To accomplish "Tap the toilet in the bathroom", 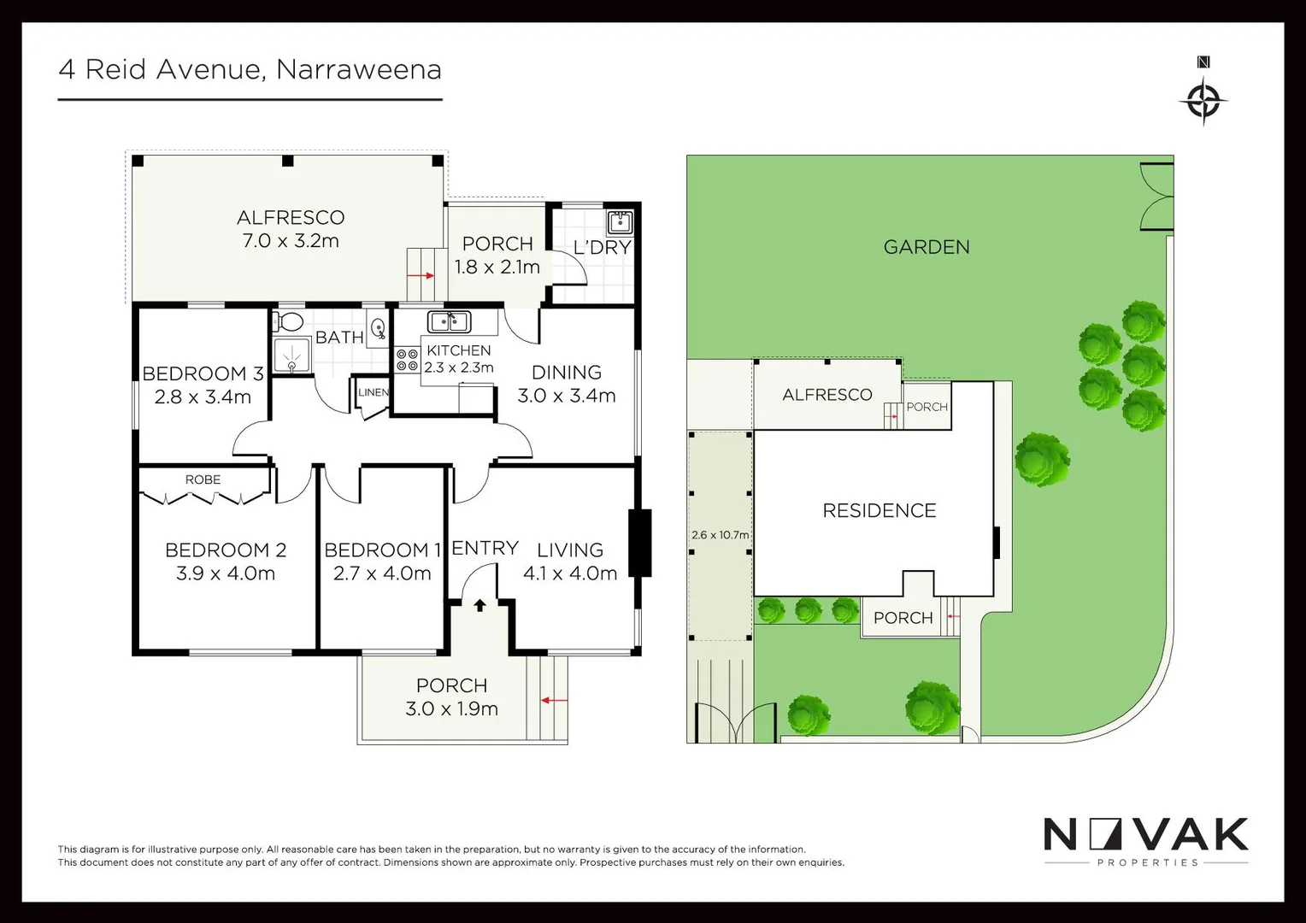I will click(289, 322).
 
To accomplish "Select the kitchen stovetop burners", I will click(407, 360).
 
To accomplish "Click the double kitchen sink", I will click(450, 322).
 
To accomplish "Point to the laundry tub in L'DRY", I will click(620, 223).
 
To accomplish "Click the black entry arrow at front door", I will click(479, 605).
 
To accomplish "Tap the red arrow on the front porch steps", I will click(554, 701).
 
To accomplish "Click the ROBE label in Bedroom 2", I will click(203, 479).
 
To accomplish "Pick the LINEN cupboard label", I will click(374, 392).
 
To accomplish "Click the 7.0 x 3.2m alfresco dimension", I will click(291, 241).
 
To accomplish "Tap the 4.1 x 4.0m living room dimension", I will click(570, 573).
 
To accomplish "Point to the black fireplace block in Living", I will click(640, 543).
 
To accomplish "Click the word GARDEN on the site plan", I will click(927, 247).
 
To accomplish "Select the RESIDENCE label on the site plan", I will click(879, 510).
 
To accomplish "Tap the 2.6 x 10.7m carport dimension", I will click(720, 535).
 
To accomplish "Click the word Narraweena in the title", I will click(359, 69).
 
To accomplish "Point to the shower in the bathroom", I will click(291, 356).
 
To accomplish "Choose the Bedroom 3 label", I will click(203, 373).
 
